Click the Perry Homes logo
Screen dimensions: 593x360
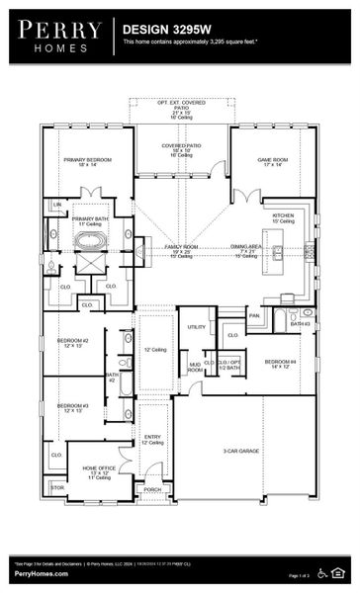tap(58, 35)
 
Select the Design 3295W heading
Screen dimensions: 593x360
tap(159, 31)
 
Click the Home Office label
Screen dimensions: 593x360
tap(99, 470)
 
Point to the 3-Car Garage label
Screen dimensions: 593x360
tap(240, 450)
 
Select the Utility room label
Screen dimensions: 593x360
tap(196, 326)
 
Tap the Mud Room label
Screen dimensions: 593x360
tap(195, 368)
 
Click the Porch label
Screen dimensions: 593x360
tap(152, 488)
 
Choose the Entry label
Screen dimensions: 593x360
tap(151, 438)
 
